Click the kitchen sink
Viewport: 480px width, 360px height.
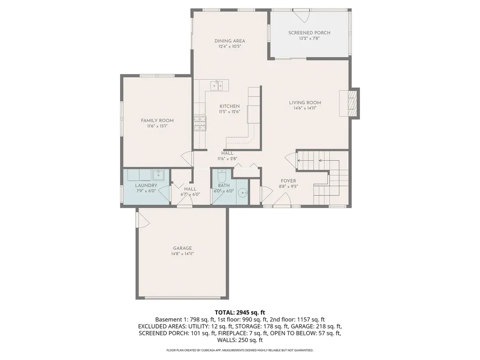pyautogui.click(x=216, y=85)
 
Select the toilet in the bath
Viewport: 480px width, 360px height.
pyautogui.click(x=222, y=177)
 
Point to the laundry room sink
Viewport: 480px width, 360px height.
pyautogui.click(x=157, y=175)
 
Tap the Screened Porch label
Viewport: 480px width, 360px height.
pyautogui.click(x=309, y=33)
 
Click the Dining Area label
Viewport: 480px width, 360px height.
pyautogui.click(x=230, y=41)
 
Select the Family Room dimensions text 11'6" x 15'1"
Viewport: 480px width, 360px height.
pyautogui.click(x=157, y=126)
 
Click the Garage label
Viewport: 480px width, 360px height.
pyautogui.click(x=182, y=248)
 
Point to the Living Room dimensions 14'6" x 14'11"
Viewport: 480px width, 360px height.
pyautogui.click(x=305, y=108)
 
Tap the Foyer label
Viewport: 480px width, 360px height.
pyautogui.click(x=288, y=180)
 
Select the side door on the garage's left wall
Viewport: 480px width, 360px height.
pyautogui.click(x=141, y=219)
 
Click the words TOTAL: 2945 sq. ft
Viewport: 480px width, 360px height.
pyautogui.click(x=240, y=312)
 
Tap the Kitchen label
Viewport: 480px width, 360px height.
pyautogui.click(x=229, y=106)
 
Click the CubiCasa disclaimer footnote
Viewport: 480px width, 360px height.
pyautogui.click(x=240, y=350)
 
